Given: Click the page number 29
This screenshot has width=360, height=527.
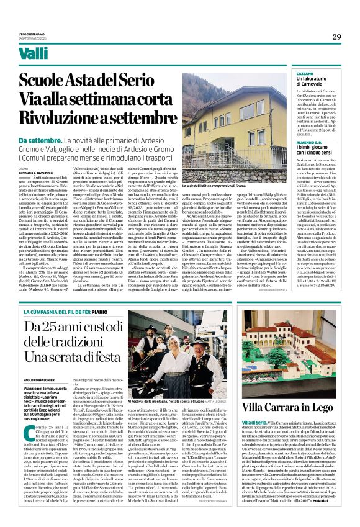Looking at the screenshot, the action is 336,37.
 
